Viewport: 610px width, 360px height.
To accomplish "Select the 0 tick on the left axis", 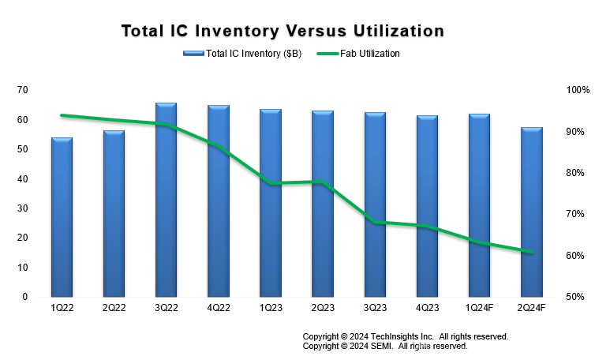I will click(x=25, y=297).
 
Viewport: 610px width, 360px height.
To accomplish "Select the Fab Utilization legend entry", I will click(x=369, y=54).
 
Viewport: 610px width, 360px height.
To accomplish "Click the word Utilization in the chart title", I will click(x=392, y=31).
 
